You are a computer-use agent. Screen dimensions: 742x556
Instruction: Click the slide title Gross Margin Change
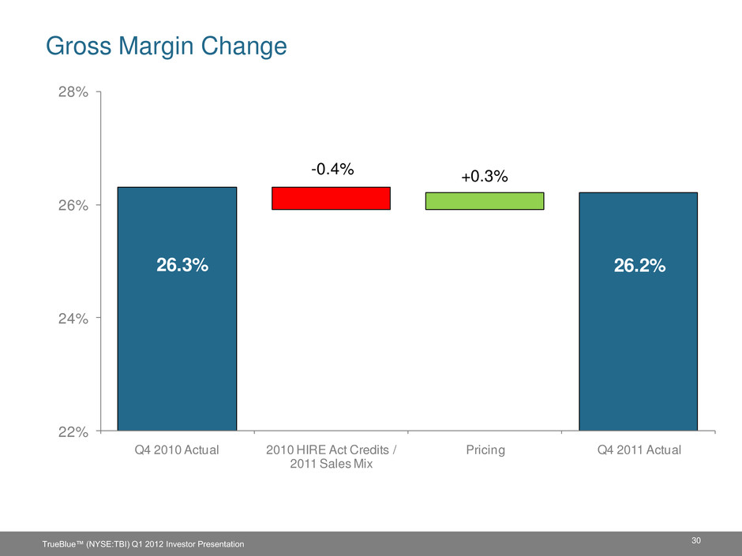pyautogui.click(x=166, y=47)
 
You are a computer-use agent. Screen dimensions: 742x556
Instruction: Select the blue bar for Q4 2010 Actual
pyautogui.click(x=177, y=308)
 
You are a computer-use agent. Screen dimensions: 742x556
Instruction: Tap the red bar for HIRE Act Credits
pyautogui.click(x=331, y=198)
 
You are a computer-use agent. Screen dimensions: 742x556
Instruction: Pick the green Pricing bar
pyautogui.click(x=485, y=201)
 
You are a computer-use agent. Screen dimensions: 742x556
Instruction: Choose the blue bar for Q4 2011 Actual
pyautogui.click(x=639, y=312)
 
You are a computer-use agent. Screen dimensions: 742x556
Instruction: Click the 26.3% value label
pyautogui.click(x=182, y=265)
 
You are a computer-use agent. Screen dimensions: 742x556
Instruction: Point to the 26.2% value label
pyautogui.click(x=640, y=267)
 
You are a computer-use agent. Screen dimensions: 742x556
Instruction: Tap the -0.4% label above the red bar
pyautogui.click(x=332, y=169)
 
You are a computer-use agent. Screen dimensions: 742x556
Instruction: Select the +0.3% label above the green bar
pyautogui.click(x=485, y=177)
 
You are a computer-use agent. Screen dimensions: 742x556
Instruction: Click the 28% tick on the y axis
pyautogui.click(x=73, y=91)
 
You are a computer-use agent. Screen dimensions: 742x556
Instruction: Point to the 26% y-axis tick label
pyautogui.click(x=73, y=205)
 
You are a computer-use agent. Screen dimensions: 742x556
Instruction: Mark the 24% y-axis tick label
pyautogui.click(x=73, y=319)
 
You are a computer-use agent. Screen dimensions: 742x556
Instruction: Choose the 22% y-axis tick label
pyautogui.click(x=73, y=431)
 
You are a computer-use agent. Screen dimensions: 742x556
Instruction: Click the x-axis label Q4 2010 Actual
pyautogui.click(x=177, y=450)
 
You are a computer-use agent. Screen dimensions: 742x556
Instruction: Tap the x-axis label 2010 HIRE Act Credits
pyautogui.click(x=328, y=450)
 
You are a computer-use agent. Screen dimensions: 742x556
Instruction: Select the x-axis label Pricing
pyautogui.click(x=485, y=450)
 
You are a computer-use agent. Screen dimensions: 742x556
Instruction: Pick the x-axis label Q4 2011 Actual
pyautogui.click(x=639, y=450)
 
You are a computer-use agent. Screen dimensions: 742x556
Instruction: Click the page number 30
pyautogui.click(x=695, y=540)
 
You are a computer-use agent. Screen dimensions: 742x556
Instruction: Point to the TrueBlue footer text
pyautogui.click(x=144, y=544)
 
